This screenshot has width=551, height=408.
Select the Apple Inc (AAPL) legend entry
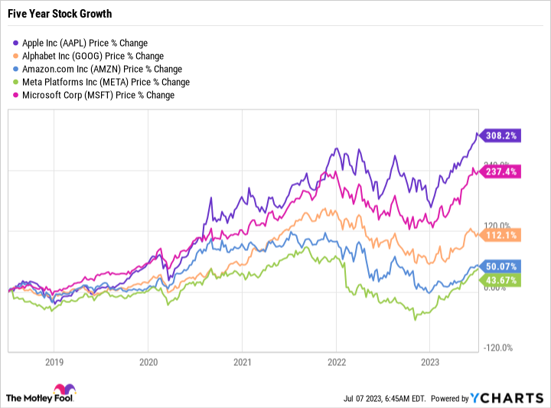pos(80,43)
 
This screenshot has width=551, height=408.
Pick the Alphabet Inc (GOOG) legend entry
pos(87,56)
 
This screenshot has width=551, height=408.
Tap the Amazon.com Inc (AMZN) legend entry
pos(93,69)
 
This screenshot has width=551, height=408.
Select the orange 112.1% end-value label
pos(499,234)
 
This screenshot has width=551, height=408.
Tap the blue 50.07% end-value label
pos(501,266)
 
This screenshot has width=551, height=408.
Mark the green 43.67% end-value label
pos(501,281)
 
